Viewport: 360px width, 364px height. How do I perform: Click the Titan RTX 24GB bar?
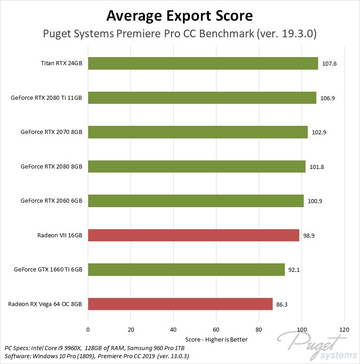pos(203,63)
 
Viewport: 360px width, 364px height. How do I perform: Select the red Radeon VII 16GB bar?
pos(193,235)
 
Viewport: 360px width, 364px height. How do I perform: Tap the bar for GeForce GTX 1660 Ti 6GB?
pos(186,270)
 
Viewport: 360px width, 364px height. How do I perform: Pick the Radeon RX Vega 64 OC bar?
pos(180,304)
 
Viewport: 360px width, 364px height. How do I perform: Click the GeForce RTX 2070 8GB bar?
pos(198,132)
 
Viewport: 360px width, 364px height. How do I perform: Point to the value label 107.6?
pos(329,64)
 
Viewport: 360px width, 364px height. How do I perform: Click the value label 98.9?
pos(309,235)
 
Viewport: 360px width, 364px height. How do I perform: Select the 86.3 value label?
pos(282,305)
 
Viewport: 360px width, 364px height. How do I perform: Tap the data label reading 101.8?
pos(317,167)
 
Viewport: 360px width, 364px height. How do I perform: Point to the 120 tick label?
pos(344,329)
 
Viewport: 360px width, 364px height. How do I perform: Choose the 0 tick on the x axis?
pos(88,329)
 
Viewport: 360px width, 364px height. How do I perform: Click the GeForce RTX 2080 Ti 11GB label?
pos(46,98)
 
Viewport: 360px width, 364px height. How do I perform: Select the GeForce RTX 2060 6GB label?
pos(51,201)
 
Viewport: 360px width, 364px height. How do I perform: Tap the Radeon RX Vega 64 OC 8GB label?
pos(45,304)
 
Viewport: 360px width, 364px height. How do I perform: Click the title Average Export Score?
pos(180,16)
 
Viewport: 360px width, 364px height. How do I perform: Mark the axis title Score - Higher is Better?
pos(216,339)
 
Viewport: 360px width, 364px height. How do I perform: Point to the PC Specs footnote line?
pos(94,348)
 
